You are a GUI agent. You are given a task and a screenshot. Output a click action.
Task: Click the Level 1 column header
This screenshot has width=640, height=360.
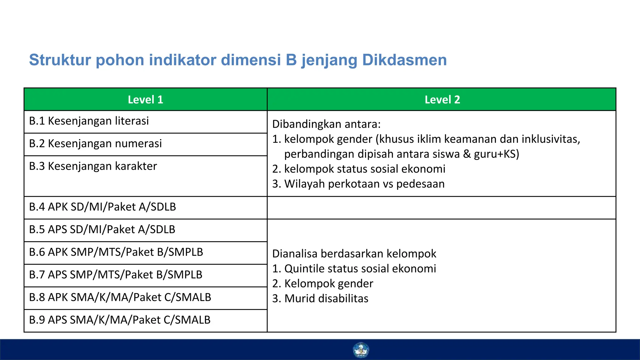[145, 100]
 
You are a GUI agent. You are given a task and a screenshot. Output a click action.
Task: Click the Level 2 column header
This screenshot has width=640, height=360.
[442, 100]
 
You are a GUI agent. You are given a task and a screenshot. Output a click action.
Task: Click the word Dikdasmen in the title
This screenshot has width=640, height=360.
[404, 60]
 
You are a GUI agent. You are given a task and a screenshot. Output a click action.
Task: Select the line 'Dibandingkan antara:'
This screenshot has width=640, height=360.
[326, 124]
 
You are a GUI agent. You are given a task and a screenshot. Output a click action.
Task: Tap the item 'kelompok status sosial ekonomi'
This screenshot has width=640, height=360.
[364, 169]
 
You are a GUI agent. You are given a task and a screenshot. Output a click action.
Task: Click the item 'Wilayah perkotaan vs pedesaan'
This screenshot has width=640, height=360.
[364, 184]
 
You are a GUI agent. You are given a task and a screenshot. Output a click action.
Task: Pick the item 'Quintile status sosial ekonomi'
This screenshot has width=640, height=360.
[360, 269]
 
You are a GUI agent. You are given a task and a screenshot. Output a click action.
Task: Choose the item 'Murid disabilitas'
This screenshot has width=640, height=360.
[326, 299]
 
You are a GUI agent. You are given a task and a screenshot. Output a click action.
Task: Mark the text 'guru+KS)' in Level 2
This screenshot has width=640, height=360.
[496, 154]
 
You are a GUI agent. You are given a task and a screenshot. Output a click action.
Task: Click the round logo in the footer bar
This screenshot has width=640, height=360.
[361, 350]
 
